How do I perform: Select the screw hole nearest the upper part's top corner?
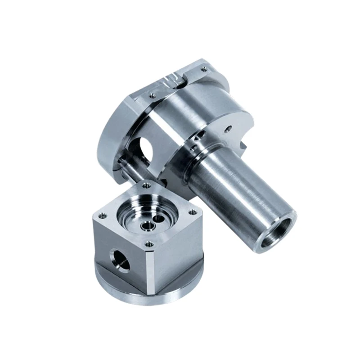pos(205,69)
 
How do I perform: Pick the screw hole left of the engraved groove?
pos(153,95)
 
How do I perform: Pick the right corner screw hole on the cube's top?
pos(193,211)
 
